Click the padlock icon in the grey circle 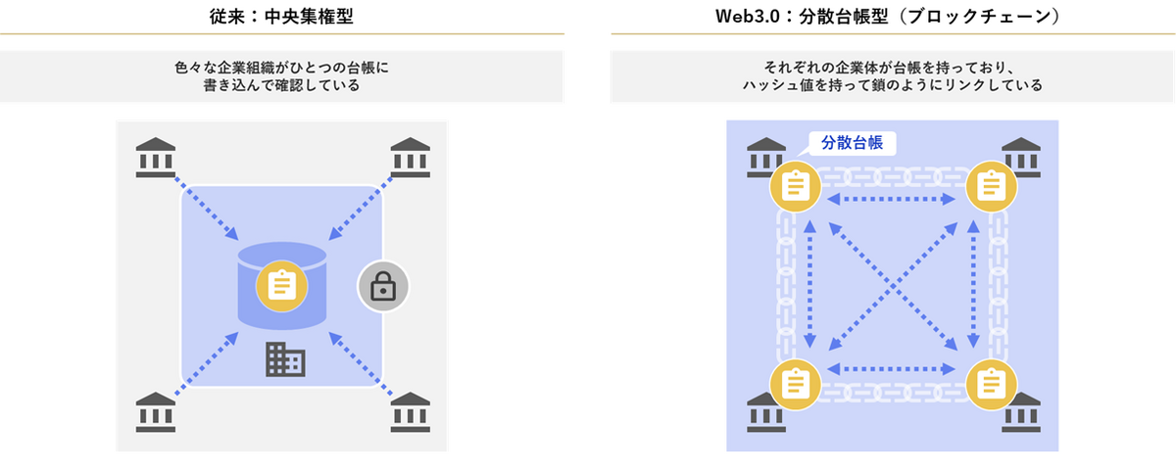[x=382, y=286]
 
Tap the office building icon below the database [x=285, y=361]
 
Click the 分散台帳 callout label [x=852, y=143]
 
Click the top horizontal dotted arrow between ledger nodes [x=893, y=200]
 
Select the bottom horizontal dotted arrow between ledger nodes [x=893, y=369]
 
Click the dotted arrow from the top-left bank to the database [x=206, y=208]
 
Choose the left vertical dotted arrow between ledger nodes [x=809, y=284]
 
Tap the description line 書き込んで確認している [x=282, y=85]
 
